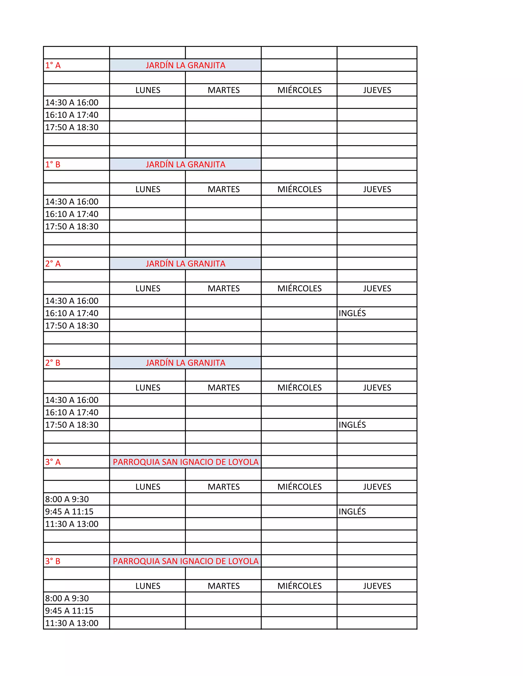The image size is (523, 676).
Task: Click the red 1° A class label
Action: click(53, 65)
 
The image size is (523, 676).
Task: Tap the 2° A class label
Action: click(53, 264)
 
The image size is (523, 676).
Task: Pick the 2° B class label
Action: click(53, 363)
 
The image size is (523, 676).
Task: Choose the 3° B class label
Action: click(53, 561)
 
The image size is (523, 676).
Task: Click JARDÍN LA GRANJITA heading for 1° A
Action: click(186, 65)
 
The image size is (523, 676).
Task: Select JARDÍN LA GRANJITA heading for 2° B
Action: click(186, 363)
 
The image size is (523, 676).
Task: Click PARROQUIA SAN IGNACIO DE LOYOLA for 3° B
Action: click(186, 561)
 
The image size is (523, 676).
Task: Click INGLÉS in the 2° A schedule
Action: click(352, 313)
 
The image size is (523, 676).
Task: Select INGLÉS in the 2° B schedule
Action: click(352, 425)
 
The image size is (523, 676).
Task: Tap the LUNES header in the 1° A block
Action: click(148, 90)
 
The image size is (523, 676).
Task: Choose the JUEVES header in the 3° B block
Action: click(377, 586)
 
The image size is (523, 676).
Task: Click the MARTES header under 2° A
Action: click(224, 289)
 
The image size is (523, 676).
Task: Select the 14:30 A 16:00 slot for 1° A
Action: click(72, 103)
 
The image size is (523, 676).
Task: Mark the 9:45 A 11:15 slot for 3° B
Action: click(69, 611)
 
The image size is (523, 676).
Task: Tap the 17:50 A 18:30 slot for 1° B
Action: click(72, 227)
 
